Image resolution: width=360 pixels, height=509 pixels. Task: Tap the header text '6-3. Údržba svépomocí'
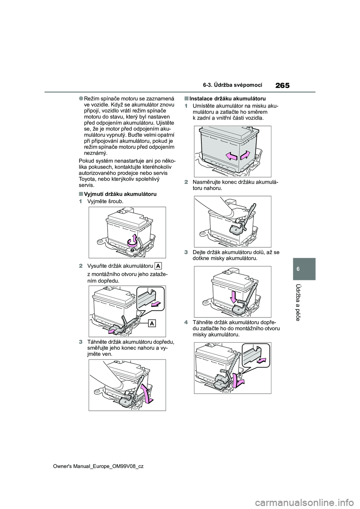click(x=237, y=85)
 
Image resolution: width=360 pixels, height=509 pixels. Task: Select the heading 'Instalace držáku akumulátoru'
click(x=228, y=99)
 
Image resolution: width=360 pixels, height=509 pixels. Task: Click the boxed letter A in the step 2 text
click(x=158, y=266)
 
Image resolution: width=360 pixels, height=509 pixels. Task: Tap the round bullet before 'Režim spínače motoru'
click(x=81, y=99)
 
